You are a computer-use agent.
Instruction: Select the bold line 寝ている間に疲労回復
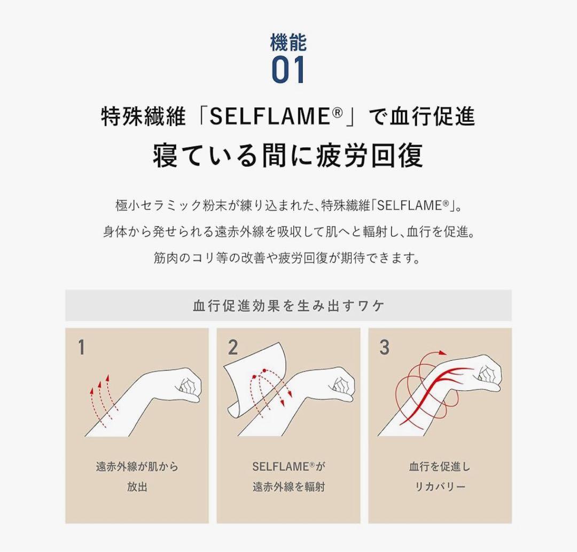pos(288,155)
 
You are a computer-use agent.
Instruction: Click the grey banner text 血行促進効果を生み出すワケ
pos(288,306)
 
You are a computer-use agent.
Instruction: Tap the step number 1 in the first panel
pos(82,348)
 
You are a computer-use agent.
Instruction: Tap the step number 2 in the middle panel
pos(232,348)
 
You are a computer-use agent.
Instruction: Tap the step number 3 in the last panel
pos(384,348)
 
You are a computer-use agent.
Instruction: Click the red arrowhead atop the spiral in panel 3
pos(441,353)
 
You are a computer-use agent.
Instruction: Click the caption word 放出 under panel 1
pos(137,487)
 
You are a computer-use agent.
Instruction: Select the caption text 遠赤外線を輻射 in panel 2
pos(288,487)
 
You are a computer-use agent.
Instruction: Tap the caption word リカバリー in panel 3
pos(440,487)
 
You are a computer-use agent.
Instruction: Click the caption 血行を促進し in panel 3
pos(440,467)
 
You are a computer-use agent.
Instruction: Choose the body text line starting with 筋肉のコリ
pos(288,258)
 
